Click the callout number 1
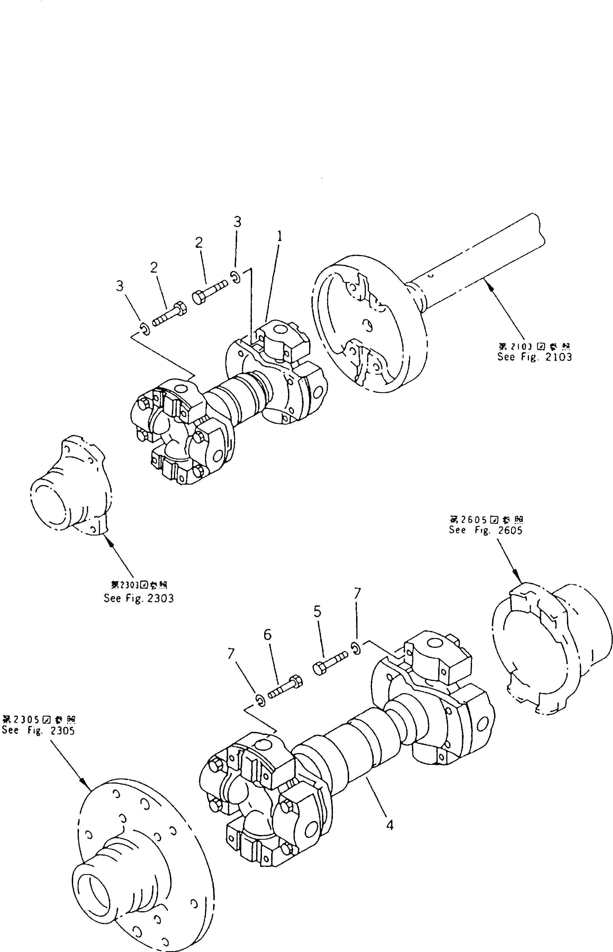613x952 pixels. pos(280,237)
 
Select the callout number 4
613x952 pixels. pos(390,826)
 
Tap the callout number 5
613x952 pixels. pos(317,611)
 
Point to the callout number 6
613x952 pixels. pos(268,635)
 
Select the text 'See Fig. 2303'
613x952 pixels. pos(139,598)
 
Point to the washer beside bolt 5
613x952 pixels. pos(357,648)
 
